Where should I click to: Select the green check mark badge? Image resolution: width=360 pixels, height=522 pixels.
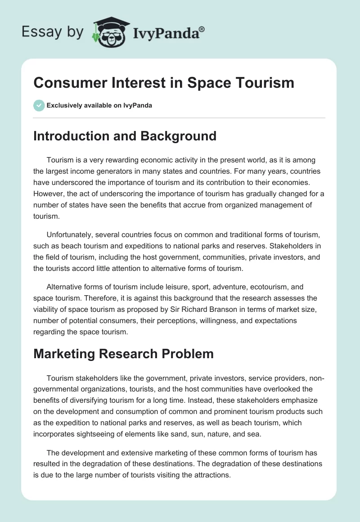tap(39, 105)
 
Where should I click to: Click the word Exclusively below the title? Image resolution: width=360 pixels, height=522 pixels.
tap(64, 105)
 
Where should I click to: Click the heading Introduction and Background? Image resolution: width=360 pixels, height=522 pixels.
tap(125, 136)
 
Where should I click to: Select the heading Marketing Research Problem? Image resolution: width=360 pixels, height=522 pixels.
tap(123, 354)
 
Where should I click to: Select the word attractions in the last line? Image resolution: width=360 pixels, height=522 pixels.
tap(211, 475)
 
